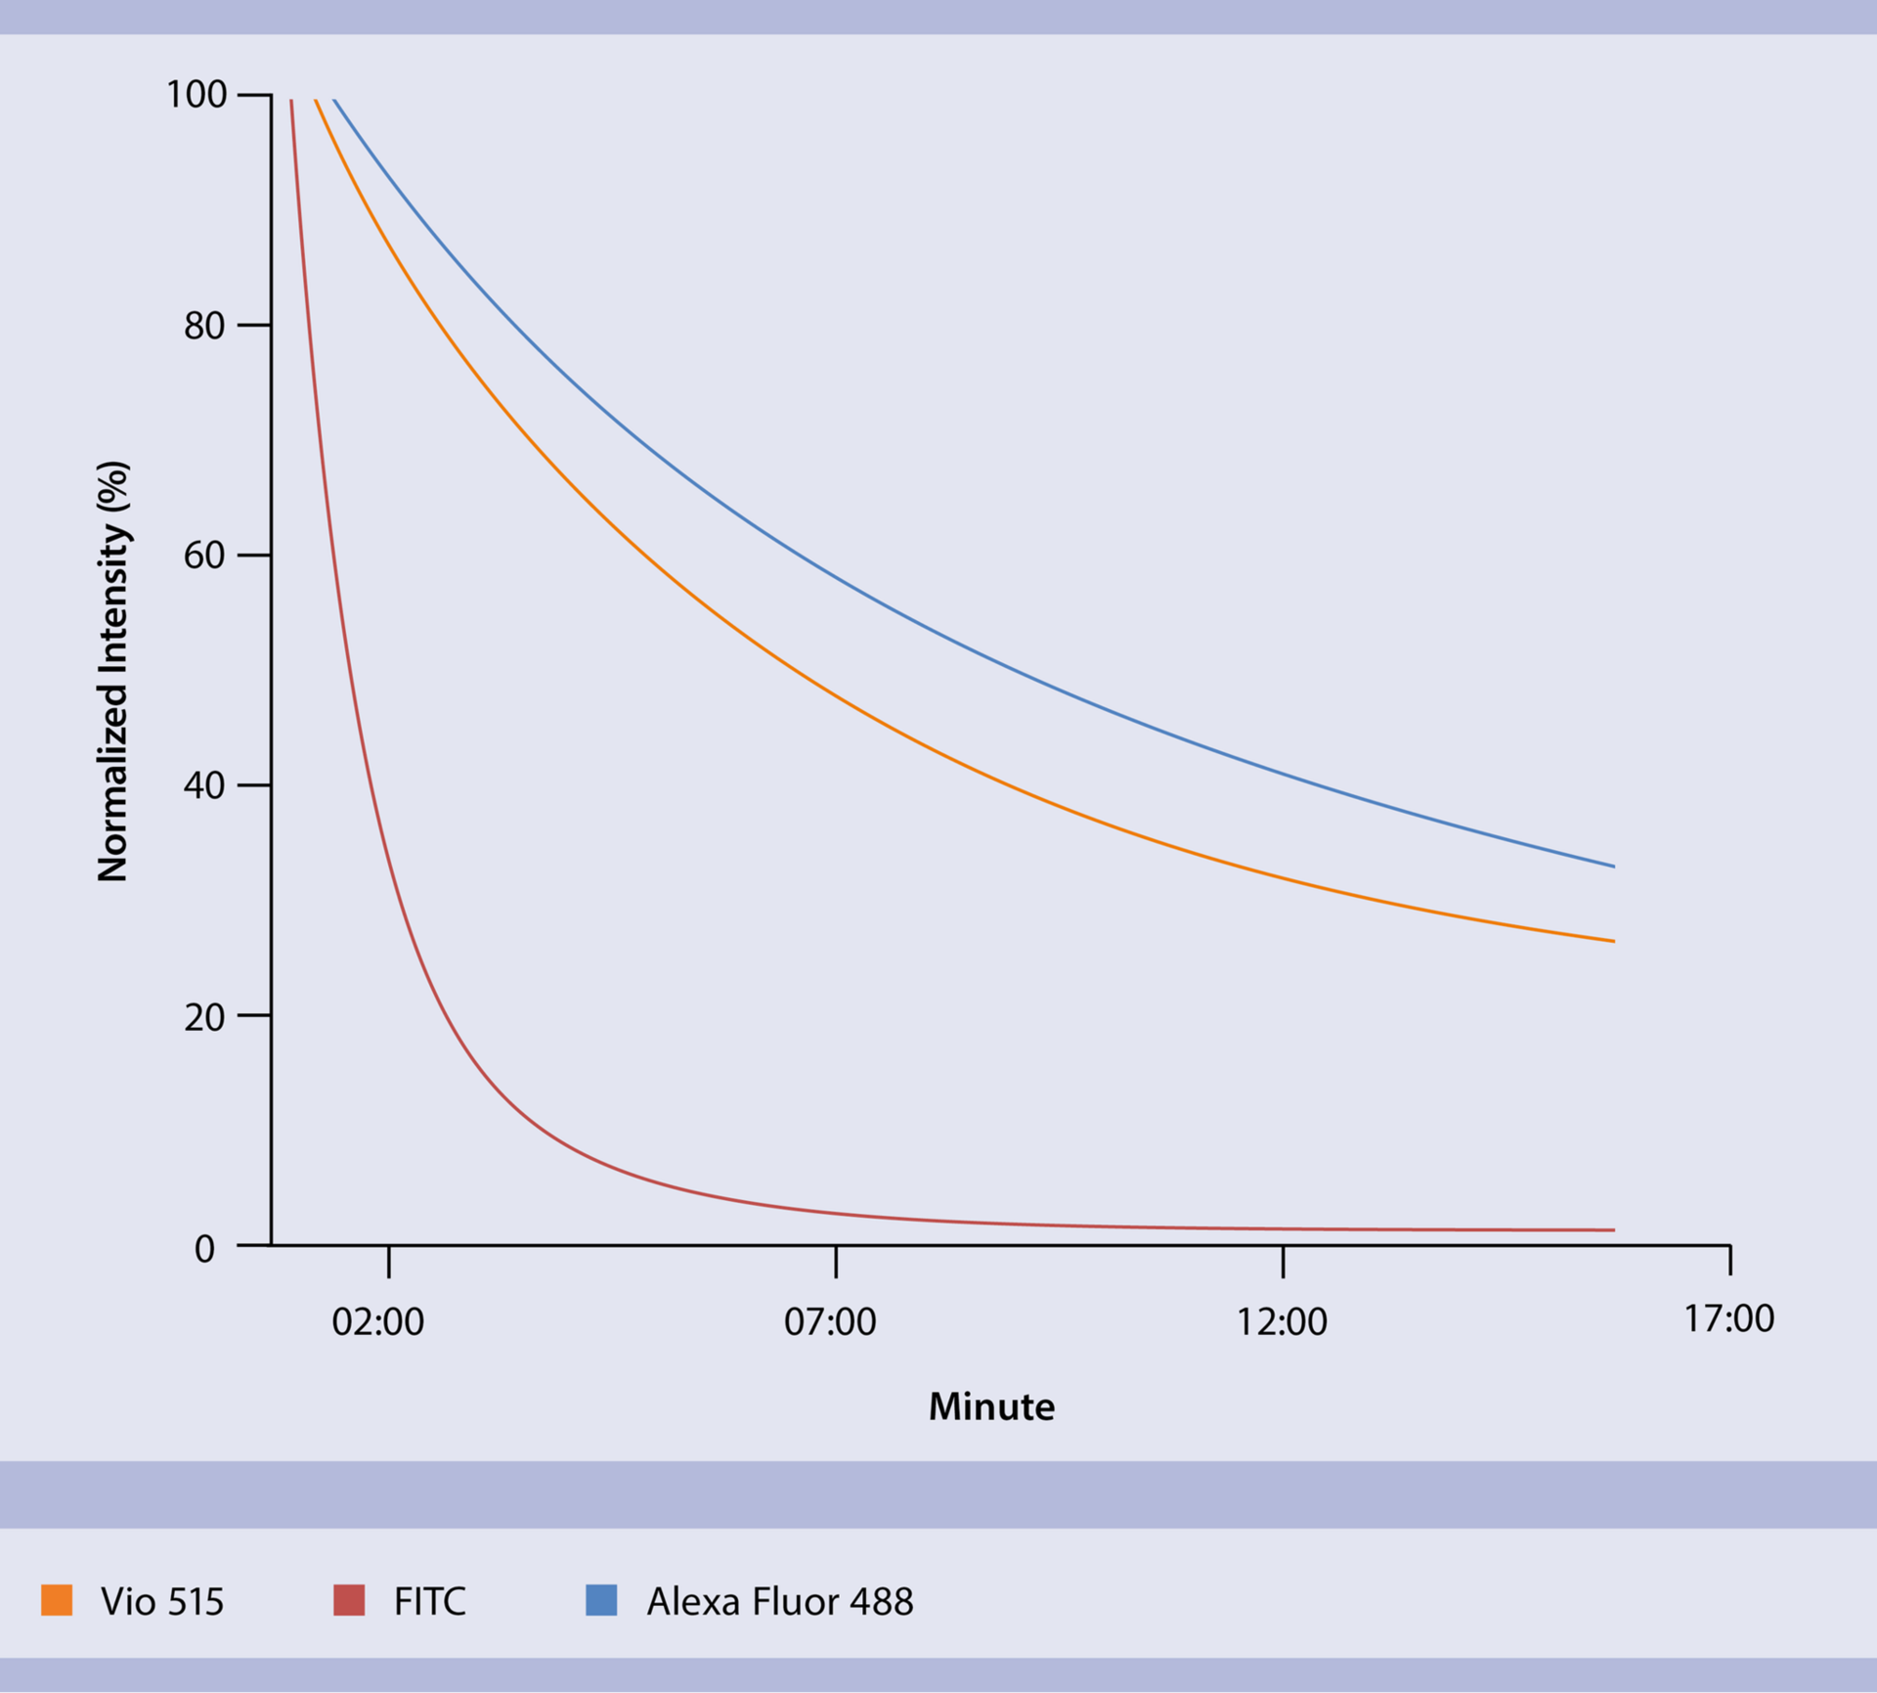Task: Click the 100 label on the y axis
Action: tap(196, 95)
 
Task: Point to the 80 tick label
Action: tap(204, 326)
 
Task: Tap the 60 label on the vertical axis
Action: tap(204, 556)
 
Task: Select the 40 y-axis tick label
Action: tap(204, 785)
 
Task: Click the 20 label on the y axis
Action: tap(204, 1017)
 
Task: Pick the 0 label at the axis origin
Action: tap(204, 1249)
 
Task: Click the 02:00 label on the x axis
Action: tap(378, 1322)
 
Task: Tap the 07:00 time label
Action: tap(830, 1322)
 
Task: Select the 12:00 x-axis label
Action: tap(1282, 1322)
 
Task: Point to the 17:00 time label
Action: tap(1728, 1319)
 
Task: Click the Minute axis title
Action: tap(991, 1407)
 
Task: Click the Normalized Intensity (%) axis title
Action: tap(113, 671)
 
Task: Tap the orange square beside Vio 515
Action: tap(57, 1600)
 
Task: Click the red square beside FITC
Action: tap(349, 1600)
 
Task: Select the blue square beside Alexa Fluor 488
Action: tap(601, 1600)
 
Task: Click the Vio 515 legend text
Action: tap(162, 1602)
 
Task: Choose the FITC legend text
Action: tap(430, 1602)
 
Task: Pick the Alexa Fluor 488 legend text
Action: tap(780, 1602)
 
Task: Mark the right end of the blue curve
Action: tap(1613, 867)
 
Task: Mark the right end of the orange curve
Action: tap(1613, 941)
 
